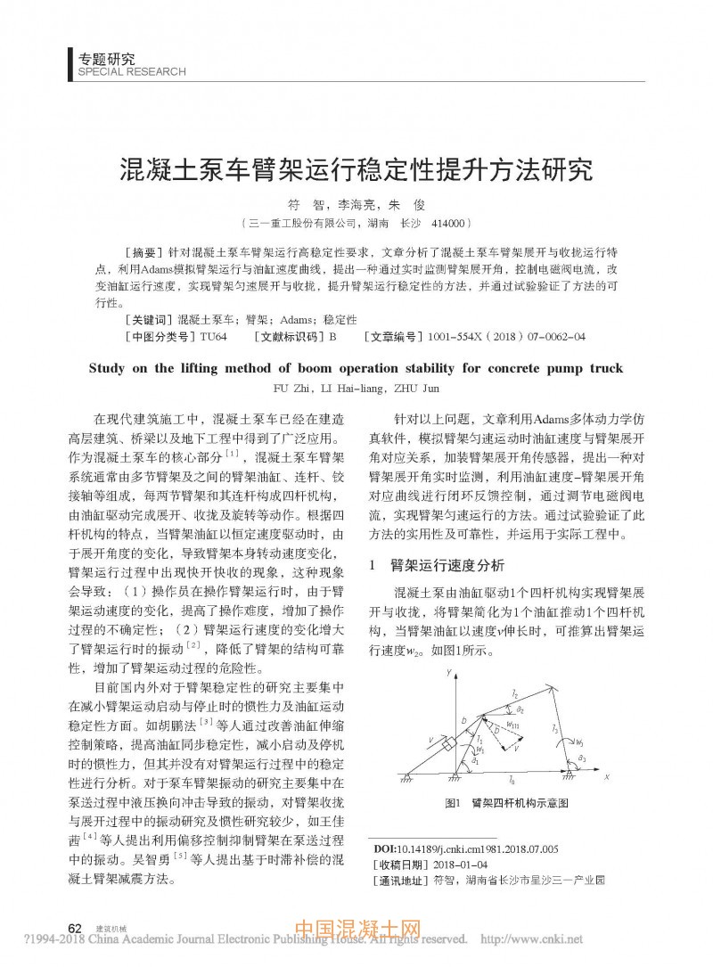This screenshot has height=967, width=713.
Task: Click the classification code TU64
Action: pyautogui.click(x=214, y=337)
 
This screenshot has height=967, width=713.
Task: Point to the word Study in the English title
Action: pyautogui.click(x=116, y=367)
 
